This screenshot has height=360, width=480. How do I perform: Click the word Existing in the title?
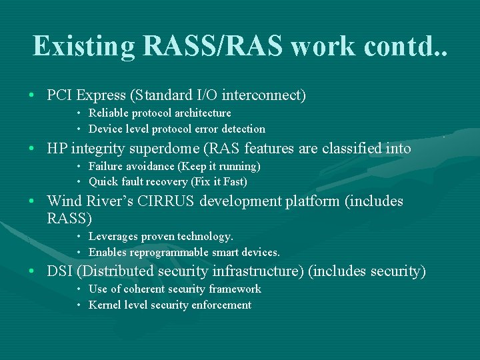(84, 46)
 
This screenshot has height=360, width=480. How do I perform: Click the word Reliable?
(109, 113)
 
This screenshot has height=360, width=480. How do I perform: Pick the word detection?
(243, 129)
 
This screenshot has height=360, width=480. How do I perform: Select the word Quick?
(103, 181)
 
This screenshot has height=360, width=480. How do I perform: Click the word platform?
(313, 201)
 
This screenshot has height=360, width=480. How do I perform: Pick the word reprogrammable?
(173, 252)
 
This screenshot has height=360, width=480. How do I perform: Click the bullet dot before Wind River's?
(32, 201)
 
